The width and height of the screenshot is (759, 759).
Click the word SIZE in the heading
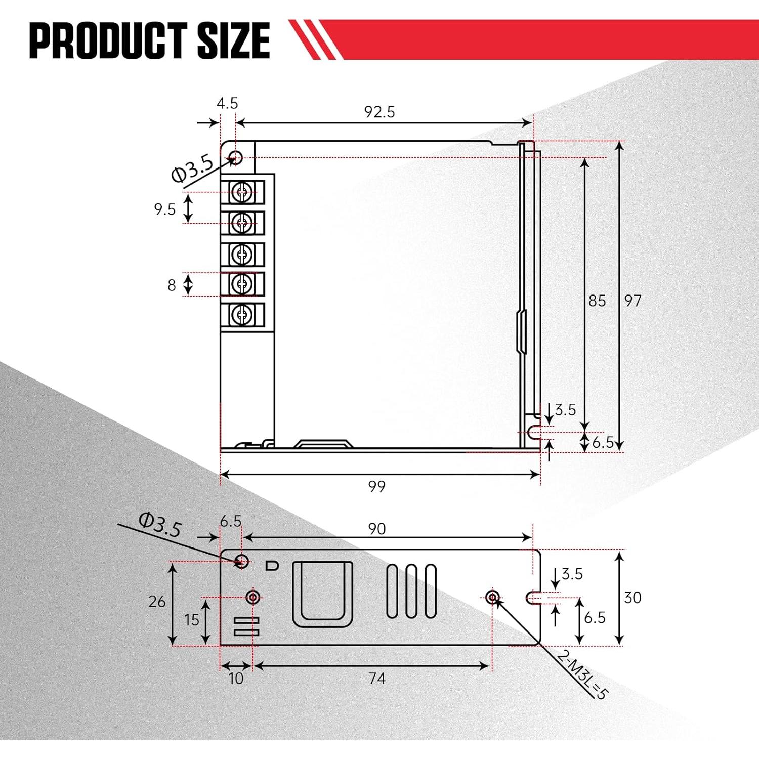233,40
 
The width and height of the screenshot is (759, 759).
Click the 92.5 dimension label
379,112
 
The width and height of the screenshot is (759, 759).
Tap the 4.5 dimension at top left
227,103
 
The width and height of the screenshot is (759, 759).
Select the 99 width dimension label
377,486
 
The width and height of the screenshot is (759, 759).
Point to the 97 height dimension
632,301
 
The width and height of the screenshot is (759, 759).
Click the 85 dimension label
597,301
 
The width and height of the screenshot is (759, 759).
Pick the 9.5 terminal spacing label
165,209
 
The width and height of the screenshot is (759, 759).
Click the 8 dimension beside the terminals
172,285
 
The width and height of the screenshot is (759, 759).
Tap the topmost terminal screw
242,192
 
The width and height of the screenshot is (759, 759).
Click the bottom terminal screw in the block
242,315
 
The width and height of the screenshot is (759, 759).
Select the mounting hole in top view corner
236,157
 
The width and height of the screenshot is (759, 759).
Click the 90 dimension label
377,529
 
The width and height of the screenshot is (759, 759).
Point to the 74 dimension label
377,678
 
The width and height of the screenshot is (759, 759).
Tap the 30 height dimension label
632,598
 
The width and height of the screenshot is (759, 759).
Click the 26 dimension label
157,601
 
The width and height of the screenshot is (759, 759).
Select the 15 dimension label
192,620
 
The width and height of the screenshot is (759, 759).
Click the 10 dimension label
236,679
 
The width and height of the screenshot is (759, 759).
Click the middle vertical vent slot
411,591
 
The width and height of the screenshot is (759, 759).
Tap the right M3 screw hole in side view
492,598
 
